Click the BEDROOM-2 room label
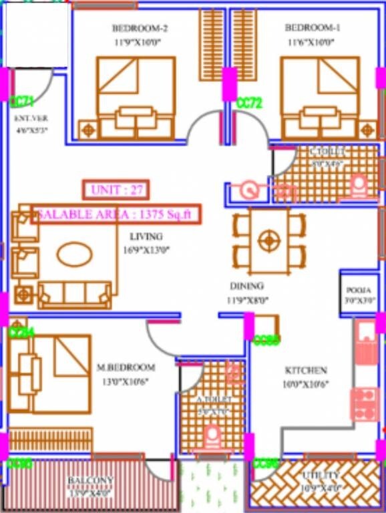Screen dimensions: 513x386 click(x=139, y=28)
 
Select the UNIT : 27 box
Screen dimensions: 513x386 click(x=116, y=190)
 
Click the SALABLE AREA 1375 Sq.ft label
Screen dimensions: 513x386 click(x=115, y=214)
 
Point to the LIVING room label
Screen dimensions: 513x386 click(x=146, y=236)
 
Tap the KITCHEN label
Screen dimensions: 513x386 click(x=306, y=370)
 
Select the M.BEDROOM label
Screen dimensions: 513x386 click(x=126, y=367)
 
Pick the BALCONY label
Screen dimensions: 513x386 click(x=90, y=480)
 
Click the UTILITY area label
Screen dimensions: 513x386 click(x=322, y=475)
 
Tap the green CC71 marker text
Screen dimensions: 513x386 click(x=23, y=101)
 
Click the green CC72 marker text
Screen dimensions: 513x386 click(x=249, y=103)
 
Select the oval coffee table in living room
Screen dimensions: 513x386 click(x=75, y=253)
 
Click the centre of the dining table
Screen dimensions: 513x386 click(x=268, y=240)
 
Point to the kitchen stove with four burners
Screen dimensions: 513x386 click(x=364, y=403)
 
